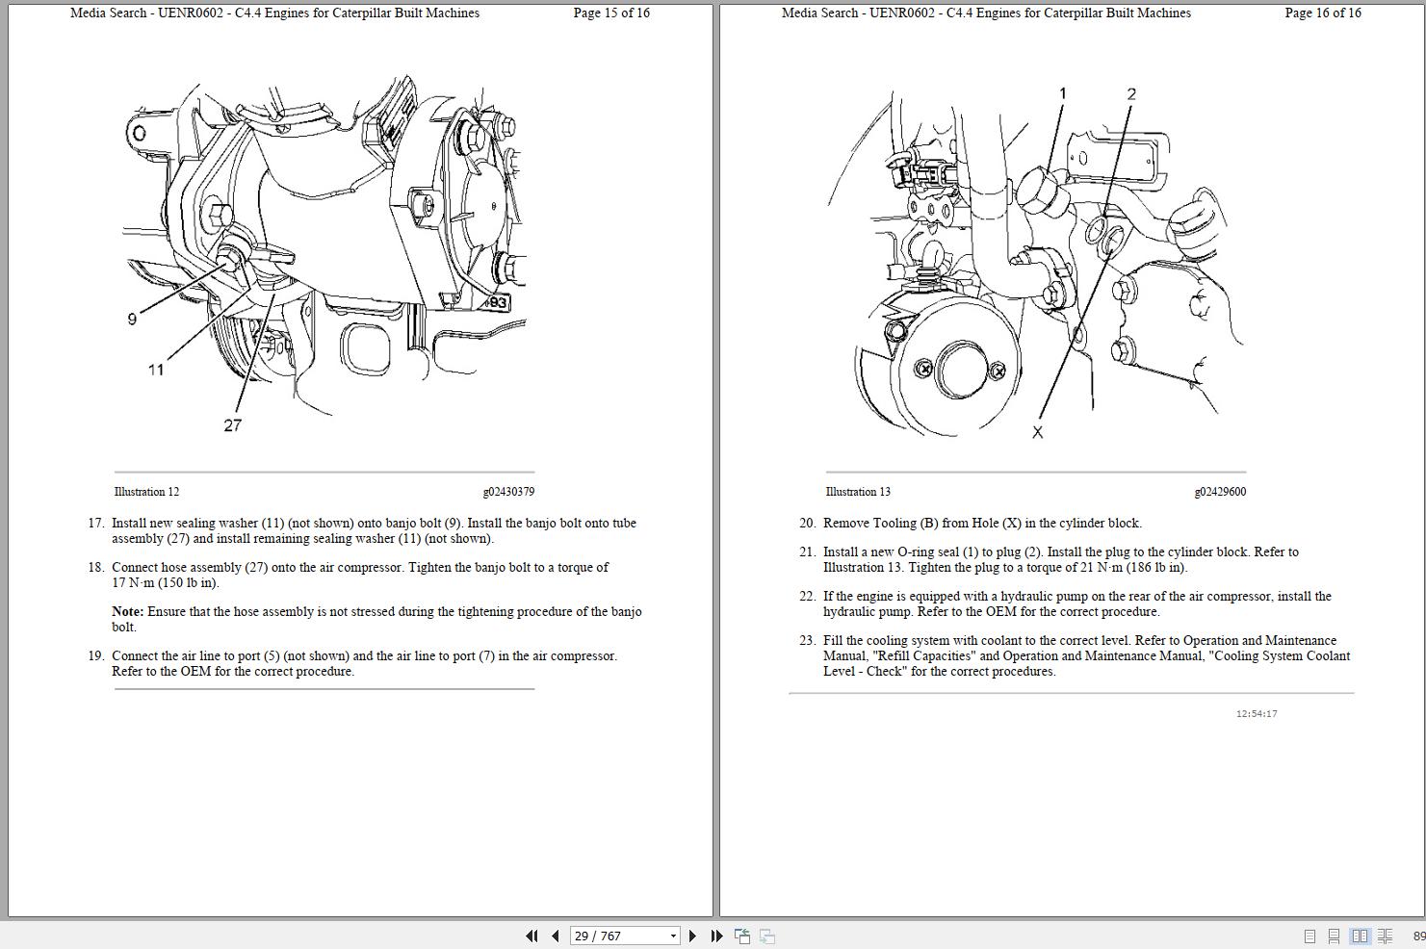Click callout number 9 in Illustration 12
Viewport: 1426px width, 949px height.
132,320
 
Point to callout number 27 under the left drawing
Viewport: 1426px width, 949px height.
232,425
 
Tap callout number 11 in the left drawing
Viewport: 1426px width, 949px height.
156,370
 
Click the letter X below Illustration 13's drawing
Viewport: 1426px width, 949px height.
1037,433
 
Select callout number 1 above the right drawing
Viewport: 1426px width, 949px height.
1063,93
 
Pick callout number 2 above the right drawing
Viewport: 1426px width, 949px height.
1131,94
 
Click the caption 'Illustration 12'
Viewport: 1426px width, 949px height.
146,492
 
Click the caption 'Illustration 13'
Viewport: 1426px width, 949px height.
858,492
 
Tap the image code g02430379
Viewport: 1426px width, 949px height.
508,492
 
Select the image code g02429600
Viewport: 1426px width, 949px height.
1220,492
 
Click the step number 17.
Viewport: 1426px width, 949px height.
95,524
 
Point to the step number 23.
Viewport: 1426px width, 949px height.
807,641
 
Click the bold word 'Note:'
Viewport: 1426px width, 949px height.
127,612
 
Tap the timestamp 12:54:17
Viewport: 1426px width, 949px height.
1257,714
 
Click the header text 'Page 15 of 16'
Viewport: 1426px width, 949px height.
611,13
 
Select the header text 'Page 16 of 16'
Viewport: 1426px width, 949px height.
1323,13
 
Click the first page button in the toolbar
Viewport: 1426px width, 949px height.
532,936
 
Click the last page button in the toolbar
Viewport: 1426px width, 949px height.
716,936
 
